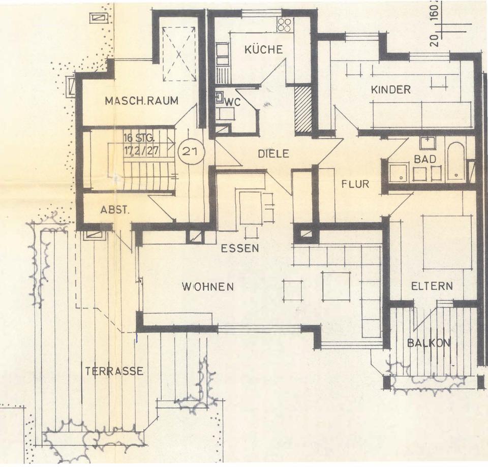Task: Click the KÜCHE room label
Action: pos(263,50)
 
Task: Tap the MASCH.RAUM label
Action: pos(141,101)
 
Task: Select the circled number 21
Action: pos(190,151)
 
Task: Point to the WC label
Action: pos(233,102)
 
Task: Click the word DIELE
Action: pos(273,153)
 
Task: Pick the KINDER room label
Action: pos(390,90)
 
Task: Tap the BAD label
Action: pos(424,159)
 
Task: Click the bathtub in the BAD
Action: pos(455,162)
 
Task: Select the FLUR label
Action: pos(355,184)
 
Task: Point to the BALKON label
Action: pos(429,343)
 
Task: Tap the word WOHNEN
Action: pos(208,287)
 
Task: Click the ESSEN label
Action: pos(240,249)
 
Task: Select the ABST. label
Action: pos(115,209)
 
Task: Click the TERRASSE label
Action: pos(114,371)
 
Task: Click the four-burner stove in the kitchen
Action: pos(284,25)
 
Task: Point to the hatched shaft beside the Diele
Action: pos(303,109)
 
